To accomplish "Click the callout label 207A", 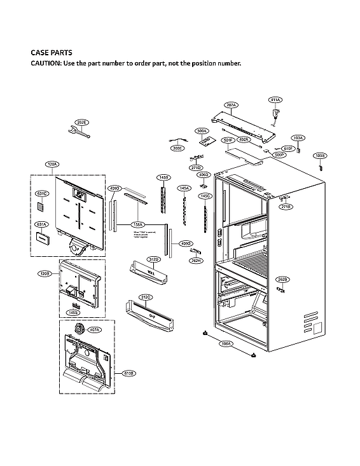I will (231, 105).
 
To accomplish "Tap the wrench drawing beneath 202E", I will (79, 132).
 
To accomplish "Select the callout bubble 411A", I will (275, 100).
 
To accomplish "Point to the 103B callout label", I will (321, 155).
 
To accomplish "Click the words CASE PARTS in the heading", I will (52, 53).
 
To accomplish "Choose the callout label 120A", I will (52, 164).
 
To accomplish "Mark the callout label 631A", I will (41, 224).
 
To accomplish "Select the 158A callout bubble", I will (137, 224).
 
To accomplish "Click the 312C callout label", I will (145, 297).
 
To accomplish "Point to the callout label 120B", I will (44, 273).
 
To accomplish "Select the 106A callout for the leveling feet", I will (225, 344).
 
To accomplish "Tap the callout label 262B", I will (282, 280).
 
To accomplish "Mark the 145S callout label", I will (73, 312).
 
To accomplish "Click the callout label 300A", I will (202, 131).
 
